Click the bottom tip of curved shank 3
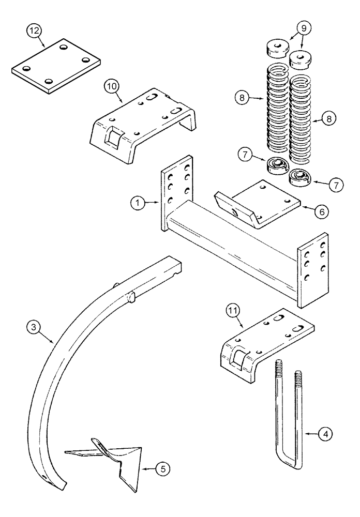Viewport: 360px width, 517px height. point(60,485)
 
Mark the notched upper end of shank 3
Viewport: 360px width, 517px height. point(176,265)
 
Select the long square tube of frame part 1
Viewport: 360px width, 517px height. point(233,243)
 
